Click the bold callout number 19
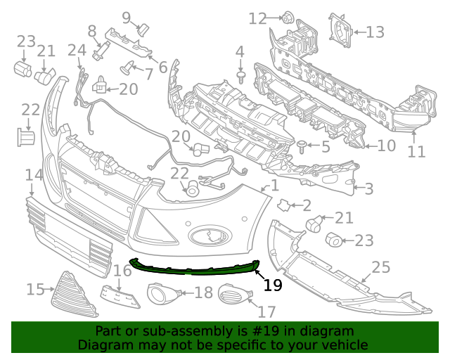click(273, 285)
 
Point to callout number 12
click(258, 18)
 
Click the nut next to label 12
click(287, 17)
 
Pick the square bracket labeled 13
click(340, 32)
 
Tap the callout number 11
click(417, 151)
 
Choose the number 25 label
click(380, 267)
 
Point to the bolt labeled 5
click(302, 146)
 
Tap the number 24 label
click(77, 50)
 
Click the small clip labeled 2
click(283, 205)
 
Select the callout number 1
click(274, 186)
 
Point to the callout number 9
click(127, 18)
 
